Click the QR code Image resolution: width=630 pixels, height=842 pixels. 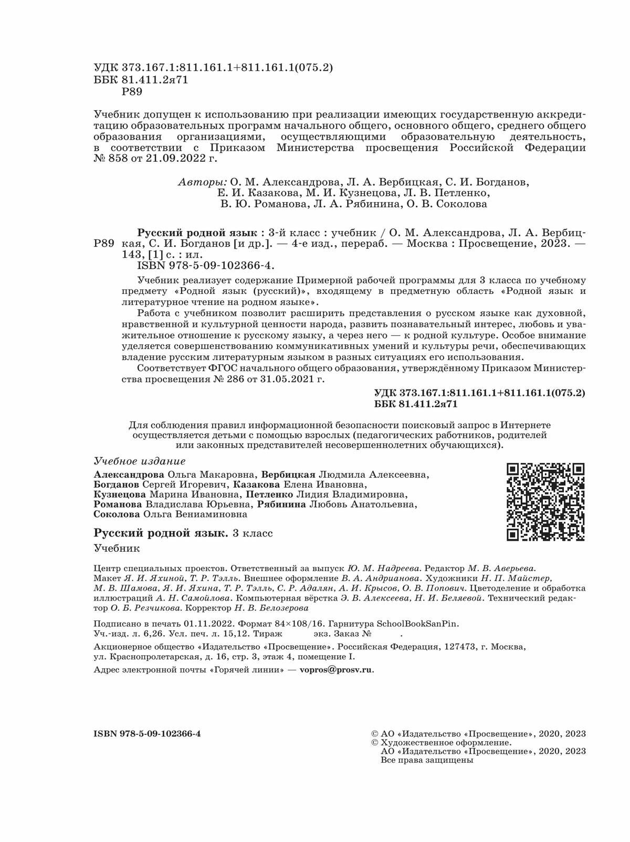(x=545, y=502)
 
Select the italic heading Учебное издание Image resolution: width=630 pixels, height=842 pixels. (x=139, y=461)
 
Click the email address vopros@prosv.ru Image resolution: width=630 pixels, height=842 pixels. (x=336, y=670)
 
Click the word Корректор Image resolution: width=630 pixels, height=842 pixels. (x=208, y=608)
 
